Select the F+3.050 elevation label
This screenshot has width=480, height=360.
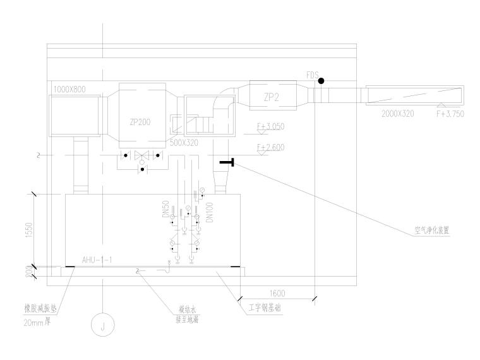tap(270, 127)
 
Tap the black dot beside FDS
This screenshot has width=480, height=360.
tap(321, 81)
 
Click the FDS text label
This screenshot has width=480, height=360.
tap(312, 75)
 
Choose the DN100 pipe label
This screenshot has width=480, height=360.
tap(208, 212)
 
